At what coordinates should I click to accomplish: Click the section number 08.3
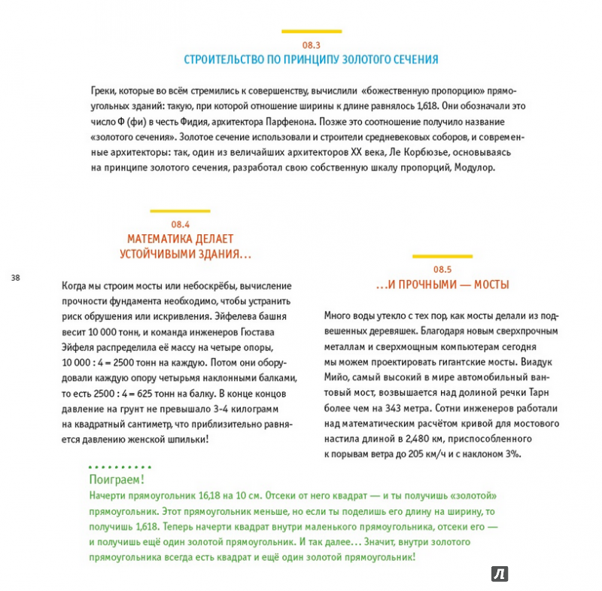point(312,45)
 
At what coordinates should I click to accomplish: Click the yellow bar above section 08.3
point(312,32)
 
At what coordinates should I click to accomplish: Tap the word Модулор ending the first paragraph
point(476,168)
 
